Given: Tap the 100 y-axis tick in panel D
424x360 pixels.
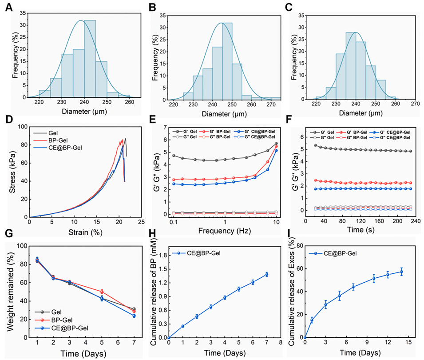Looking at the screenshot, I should coord(20,127).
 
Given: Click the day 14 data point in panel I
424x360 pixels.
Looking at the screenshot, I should coord(401,272).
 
